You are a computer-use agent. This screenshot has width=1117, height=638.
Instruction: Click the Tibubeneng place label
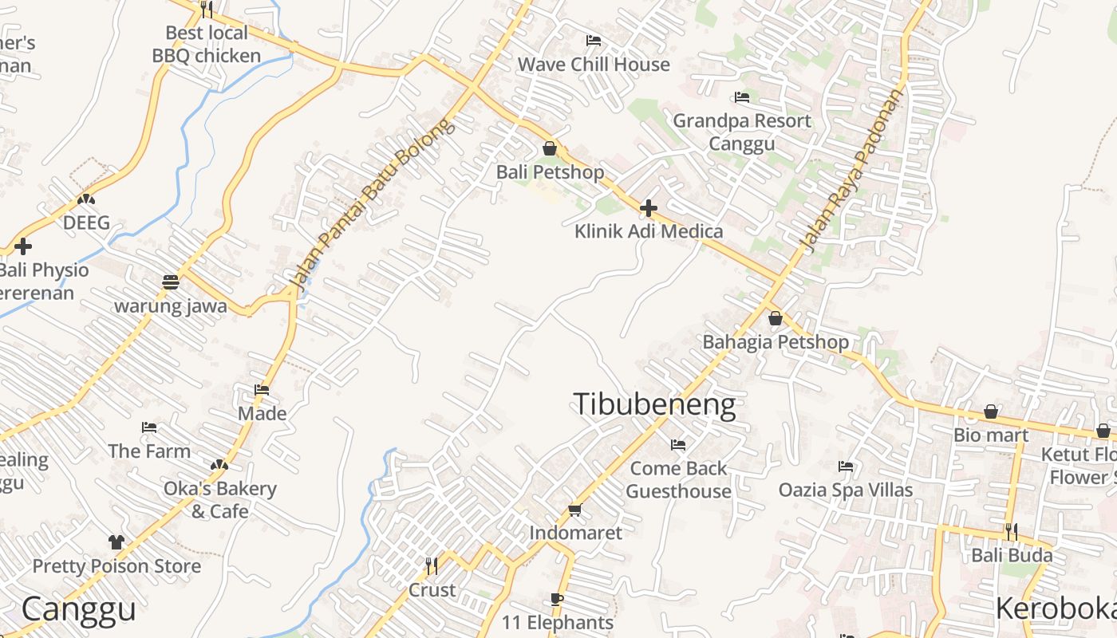(654, 404)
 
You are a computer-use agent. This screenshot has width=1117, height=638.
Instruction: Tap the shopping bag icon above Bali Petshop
(549, 148)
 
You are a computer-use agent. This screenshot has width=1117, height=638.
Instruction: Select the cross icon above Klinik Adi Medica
(649, 208)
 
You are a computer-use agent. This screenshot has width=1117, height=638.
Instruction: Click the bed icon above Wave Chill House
(593, 41)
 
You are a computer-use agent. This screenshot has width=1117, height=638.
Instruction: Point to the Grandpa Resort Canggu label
(741, 132)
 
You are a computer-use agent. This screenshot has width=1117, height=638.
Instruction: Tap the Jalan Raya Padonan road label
(852, 170)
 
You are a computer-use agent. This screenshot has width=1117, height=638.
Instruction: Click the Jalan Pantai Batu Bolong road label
(372, 203)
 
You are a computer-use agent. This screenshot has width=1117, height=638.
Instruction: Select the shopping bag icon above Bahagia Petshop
(775, 319)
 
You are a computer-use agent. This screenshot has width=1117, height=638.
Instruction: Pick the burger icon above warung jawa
(170, 282)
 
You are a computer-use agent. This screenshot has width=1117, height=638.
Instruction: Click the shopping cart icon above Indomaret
(574, 510)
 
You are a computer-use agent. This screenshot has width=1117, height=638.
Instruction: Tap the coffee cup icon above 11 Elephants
(557, 600)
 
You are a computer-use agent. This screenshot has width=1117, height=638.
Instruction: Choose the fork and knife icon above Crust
(431, 566)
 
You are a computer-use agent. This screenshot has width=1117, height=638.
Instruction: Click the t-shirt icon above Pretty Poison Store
(116, 542)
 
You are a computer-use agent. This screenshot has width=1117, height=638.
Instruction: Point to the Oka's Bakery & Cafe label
(220, 499)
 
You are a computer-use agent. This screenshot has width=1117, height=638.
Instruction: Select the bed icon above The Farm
(149, 427)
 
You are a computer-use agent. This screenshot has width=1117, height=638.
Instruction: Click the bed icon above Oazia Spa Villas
(846, 467)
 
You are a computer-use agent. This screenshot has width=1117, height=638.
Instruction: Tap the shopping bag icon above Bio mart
(991, 412)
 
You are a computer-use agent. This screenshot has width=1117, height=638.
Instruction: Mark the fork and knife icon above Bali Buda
(1011, 531)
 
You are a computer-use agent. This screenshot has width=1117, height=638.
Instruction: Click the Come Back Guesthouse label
(678, 479)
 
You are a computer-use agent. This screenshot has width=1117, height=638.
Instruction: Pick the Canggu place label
(78, 609)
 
